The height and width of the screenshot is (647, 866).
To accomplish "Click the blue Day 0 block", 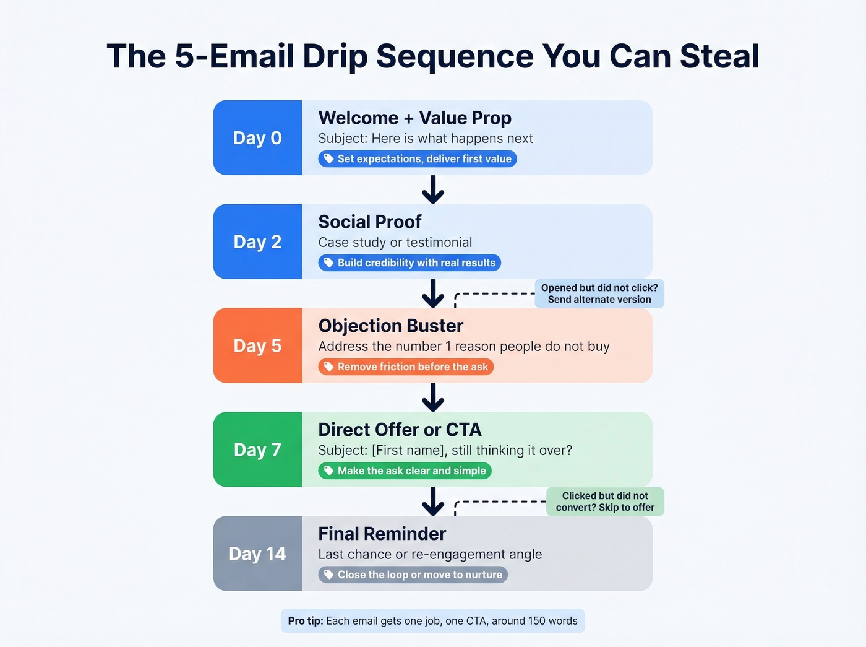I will coord(257,137).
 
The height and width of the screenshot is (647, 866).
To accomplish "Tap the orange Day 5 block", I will coord(257,345).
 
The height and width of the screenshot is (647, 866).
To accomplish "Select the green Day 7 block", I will coord(257,449).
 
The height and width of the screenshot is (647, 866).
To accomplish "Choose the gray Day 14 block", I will coord(257,554).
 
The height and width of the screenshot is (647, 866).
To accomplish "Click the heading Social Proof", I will coord(369,222).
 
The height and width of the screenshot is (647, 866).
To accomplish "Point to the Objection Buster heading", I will coord(390,326).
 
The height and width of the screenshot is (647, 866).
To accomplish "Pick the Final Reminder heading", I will coord(382,534).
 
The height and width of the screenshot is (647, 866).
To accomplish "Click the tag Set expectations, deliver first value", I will coord(418,159).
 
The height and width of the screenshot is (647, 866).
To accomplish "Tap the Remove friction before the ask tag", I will coord(406,367).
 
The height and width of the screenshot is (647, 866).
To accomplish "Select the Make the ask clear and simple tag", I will coord(405,471).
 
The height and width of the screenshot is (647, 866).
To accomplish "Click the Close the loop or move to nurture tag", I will coord(413,575).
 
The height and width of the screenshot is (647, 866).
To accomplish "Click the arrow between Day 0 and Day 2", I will coord(433,189).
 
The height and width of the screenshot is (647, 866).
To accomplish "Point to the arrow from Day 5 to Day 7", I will coord(433,397).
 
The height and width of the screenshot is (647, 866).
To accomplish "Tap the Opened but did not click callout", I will coord(599,293).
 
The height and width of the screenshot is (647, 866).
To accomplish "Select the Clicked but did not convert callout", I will coord(605,502).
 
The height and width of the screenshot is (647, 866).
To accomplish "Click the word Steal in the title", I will coord(719,56).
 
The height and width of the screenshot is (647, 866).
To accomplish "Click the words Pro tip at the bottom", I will coord(306,621).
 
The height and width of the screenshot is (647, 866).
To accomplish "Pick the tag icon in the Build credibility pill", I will coord(329,263).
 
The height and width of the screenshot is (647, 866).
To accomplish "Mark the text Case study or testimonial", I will coord(395,243).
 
